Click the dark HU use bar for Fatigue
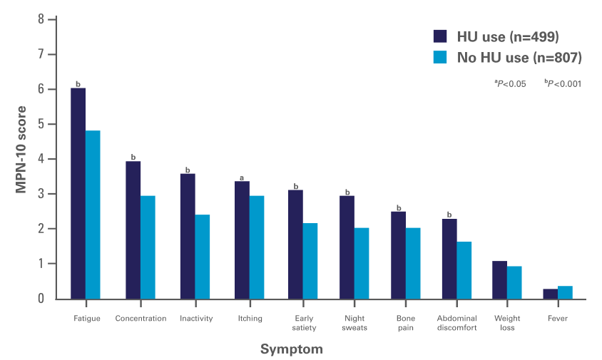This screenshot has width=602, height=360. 78,193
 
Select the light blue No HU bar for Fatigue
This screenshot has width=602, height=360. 93,215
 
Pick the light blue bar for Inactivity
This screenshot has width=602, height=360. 203,257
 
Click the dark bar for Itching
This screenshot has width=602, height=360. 243,240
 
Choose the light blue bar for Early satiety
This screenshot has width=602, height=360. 310,261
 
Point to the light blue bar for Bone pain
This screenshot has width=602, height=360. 413,263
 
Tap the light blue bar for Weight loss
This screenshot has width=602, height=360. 514,282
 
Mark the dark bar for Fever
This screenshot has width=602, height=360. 551,294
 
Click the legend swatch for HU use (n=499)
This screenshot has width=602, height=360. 440,36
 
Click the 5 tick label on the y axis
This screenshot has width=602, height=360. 42,124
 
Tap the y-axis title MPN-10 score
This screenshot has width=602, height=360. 21,150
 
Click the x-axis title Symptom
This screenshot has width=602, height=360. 291,349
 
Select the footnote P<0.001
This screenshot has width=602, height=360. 563,83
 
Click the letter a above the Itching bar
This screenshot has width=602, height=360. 242,178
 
